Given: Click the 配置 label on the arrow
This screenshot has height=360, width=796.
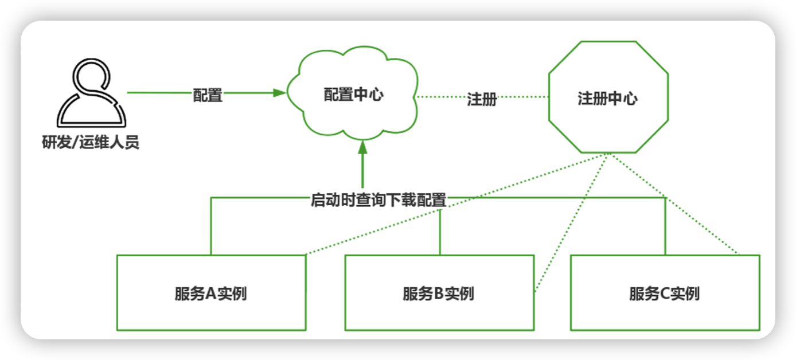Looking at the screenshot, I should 208,95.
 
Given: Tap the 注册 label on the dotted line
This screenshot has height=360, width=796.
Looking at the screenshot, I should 482,99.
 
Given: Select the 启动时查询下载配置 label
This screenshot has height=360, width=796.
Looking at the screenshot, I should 379,201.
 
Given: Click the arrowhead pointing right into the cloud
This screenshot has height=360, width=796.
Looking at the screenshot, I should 279,92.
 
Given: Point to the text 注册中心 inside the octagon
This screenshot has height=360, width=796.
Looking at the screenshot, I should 607,99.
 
